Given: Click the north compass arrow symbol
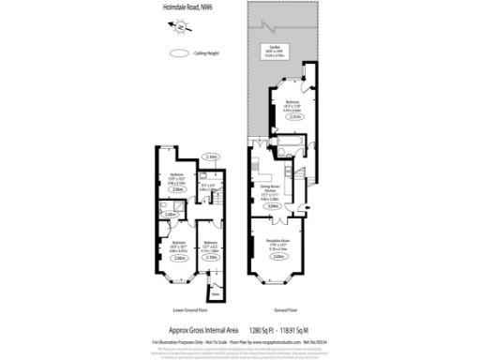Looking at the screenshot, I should pyautogui.click(x=179, y=30).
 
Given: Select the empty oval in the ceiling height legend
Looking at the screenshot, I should pyautogui.click(x=177, y=54).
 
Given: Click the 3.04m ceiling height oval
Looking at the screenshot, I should pyautogui.click(x=272, y=206).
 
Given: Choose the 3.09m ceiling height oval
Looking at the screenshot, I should pyautogui.click(x=278, y=259).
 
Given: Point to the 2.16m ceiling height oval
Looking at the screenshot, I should pyautogui.click(x=213, y=157).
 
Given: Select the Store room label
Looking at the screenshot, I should pyautogui.click(x=217, y=292).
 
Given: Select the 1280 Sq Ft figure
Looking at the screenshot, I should pyautogui.click(x=266, y=330).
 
